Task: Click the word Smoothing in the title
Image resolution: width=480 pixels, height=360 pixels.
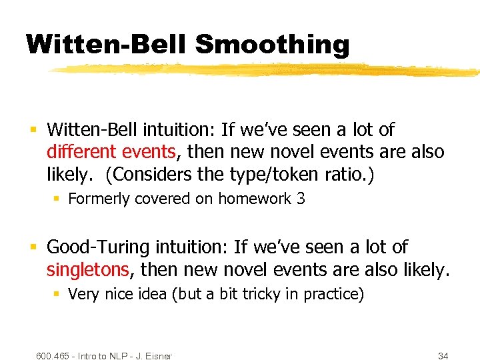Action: coord(272,45)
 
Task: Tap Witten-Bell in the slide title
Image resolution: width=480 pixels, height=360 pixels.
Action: coord(107,45)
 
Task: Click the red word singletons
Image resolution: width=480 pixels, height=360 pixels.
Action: coord(87,269)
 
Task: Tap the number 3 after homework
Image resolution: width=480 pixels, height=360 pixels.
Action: coord(301,199)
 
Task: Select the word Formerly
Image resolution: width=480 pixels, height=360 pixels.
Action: coord(98,199)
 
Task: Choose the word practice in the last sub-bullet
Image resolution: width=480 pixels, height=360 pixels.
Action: coord(331,294)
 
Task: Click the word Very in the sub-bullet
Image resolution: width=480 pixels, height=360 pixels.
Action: coord(83,294)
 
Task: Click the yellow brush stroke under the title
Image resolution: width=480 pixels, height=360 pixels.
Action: coord(267,70)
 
